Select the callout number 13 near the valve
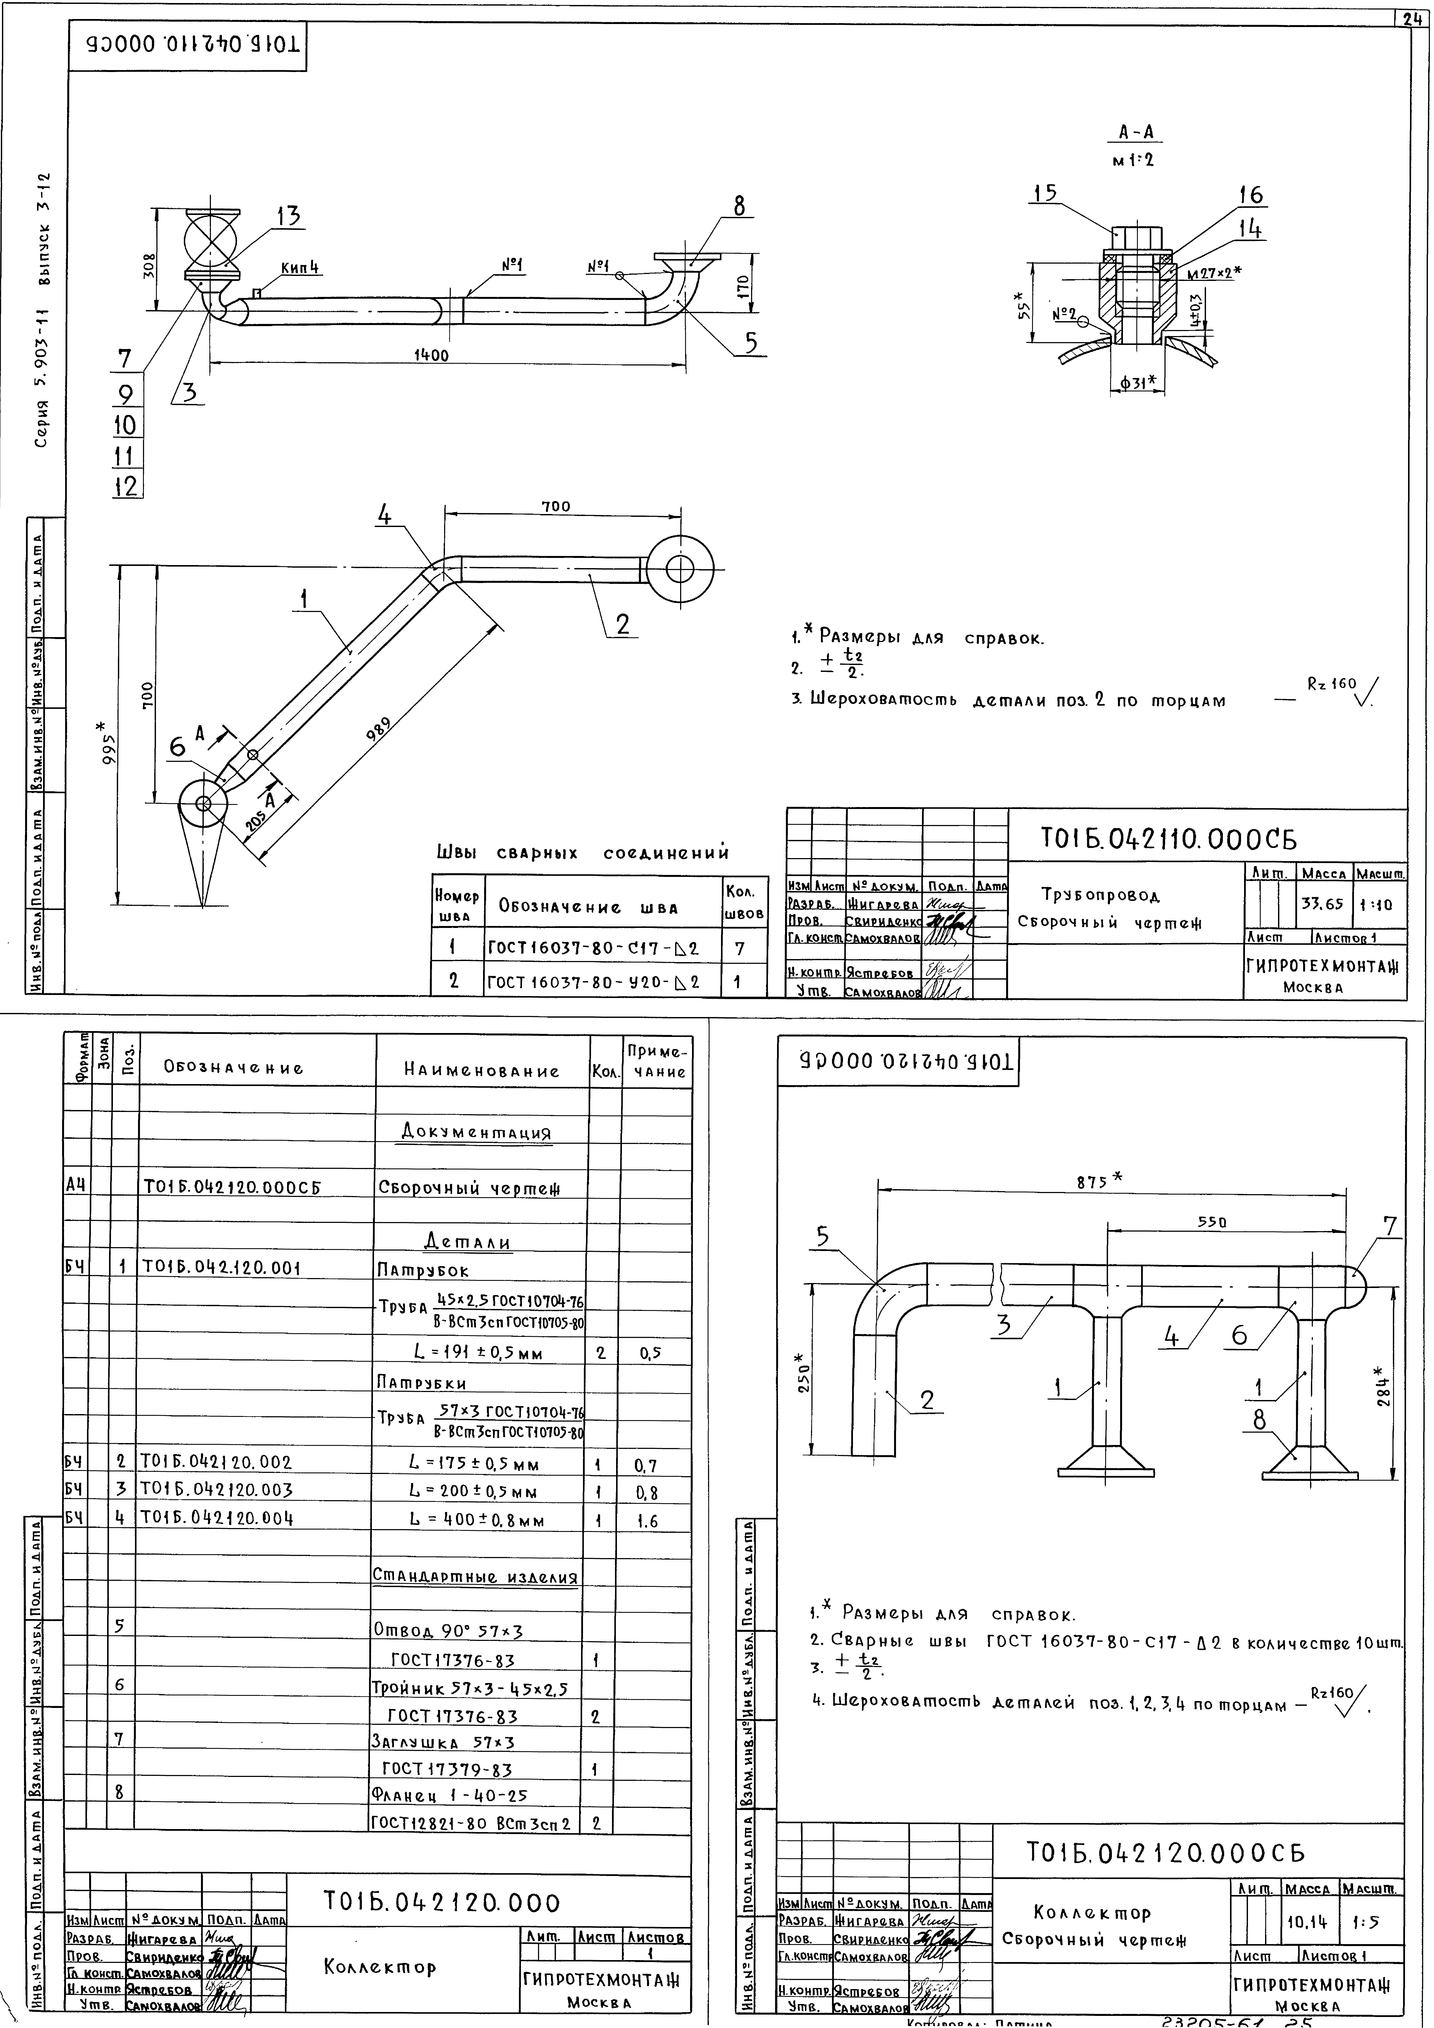coord(288,216)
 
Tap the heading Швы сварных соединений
coord(583,853)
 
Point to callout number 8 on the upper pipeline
coord(739,206)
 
